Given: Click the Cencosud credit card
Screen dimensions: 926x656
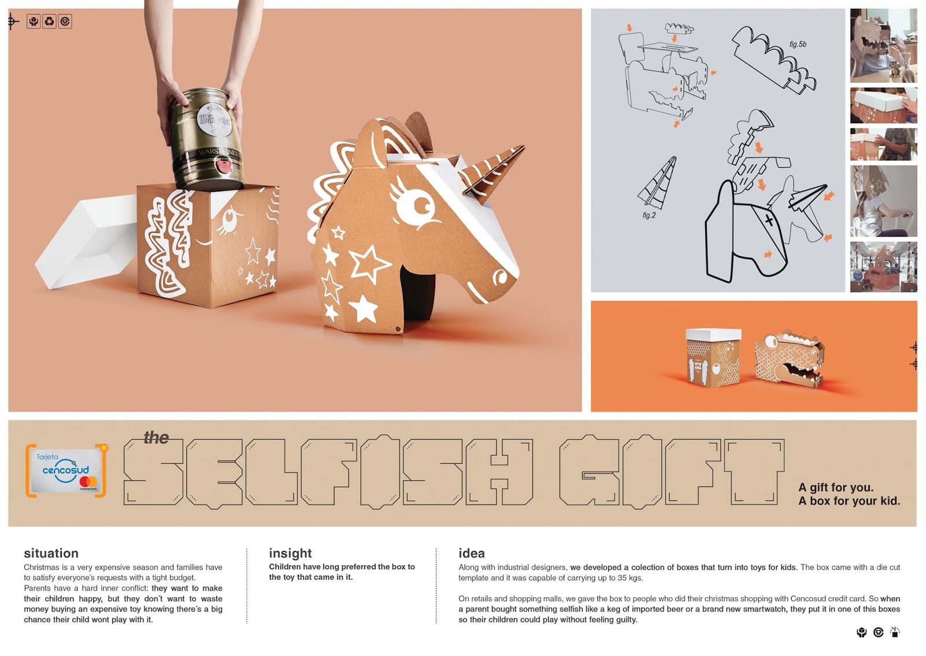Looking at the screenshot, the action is [66, 471].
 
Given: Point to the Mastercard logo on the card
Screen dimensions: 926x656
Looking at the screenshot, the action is [88, 482].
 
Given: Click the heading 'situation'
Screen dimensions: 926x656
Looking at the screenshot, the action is [52, 553].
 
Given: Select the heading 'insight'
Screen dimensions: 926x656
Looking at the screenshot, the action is [290, 553].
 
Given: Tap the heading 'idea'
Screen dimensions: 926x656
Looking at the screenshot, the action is [471, 553].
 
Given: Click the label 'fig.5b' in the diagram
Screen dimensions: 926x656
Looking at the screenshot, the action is [798, 44].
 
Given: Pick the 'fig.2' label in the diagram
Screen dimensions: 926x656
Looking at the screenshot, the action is [649, 215].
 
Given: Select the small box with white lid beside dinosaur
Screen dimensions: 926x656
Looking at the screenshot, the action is [712, 358].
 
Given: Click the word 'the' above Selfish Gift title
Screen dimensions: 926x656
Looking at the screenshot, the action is [156, 437].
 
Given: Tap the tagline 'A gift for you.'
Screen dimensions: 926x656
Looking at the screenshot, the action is [836, 488].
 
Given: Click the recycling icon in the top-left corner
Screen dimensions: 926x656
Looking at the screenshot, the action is [49, 21].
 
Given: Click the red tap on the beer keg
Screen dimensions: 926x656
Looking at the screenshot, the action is [224, 166].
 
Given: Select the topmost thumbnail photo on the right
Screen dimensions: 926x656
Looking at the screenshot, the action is [883, 46].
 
